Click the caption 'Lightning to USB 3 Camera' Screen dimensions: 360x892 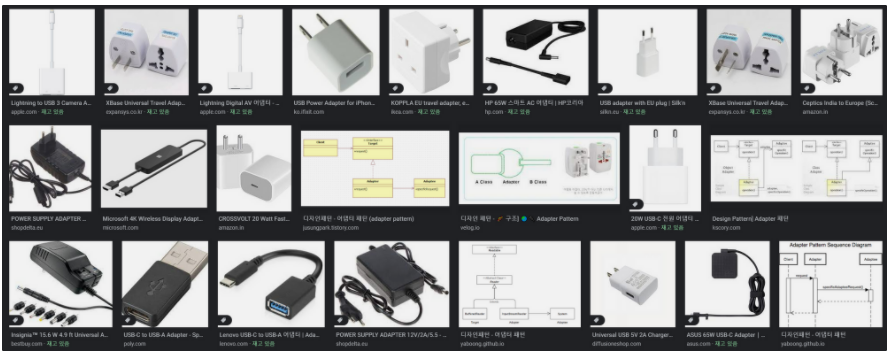(50, 103)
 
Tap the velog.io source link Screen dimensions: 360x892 (470, 228)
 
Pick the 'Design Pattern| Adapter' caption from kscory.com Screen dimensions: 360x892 (751, 218)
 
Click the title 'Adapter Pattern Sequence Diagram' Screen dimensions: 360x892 (830, 245)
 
